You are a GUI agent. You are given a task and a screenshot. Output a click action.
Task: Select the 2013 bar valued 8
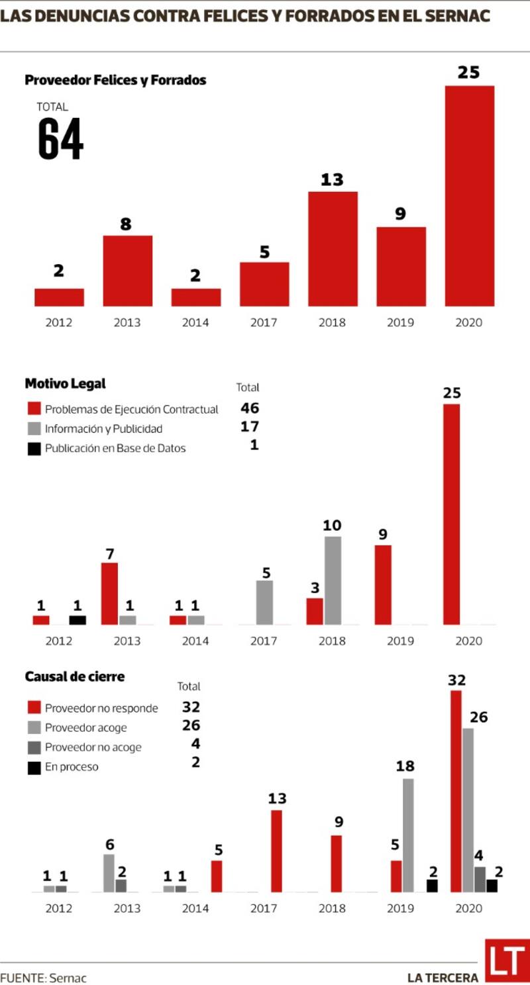[128, 271]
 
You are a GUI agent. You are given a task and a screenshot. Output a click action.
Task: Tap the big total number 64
[60, 139]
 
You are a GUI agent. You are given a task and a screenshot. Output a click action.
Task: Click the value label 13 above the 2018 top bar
[332, 179]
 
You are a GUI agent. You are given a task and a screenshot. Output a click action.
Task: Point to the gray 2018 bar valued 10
[333, 581]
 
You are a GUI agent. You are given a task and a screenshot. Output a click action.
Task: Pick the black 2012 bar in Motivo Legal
[78, 620]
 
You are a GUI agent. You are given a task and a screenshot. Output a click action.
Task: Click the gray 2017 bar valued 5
[264, 602]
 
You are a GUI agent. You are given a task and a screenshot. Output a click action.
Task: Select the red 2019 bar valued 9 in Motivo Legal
[383, 585]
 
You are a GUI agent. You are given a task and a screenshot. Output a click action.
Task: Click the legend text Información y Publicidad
[103, 428]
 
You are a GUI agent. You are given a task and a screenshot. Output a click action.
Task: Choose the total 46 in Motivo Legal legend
[250, 408]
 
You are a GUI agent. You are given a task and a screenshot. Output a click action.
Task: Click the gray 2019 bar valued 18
[408, 835]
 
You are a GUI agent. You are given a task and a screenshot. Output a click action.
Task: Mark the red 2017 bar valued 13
[276, 851]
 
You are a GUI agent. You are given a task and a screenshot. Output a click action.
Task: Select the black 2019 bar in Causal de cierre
[432, 886]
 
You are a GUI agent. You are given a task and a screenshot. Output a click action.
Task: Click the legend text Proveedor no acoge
[93, 747]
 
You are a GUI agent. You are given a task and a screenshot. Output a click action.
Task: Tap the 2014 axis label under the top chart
[195, 323]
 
